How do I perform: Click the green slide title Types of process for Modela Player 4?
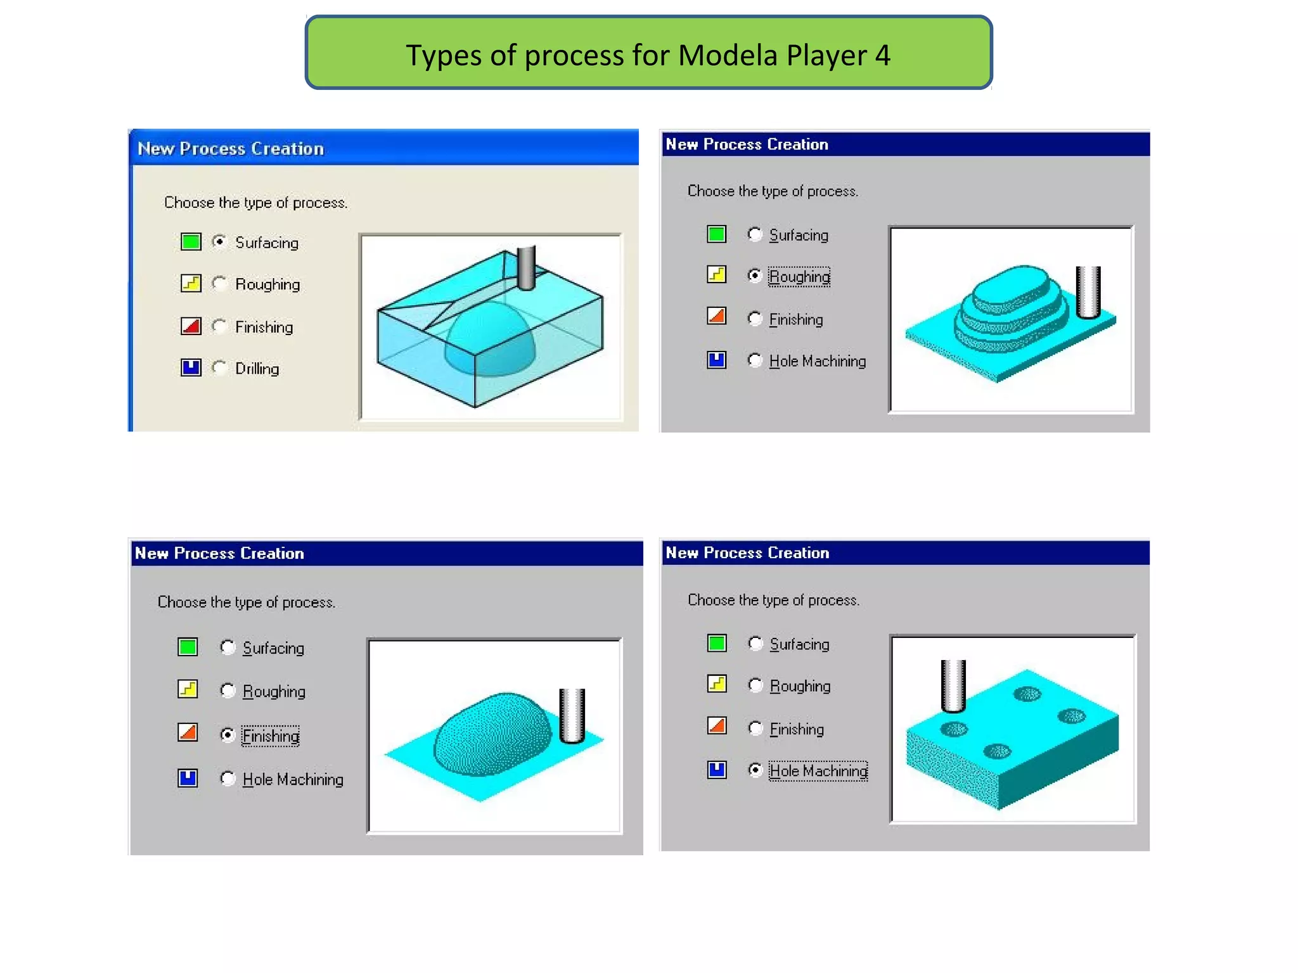[648, 54]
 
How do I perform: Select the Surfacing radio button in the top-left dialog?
[219, 241]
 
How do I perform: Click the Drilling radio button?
[219, 367]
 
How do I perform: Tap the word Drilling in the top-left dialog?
[257, 369]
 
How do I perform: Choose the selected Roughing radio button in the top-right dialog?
[754, 276]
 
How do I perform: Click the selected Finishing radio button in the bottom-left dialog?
[228, 735]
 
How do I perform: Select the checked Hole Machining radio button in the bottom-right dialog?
[755, 770]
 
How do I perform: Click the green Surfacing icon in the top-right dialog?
[716, 234]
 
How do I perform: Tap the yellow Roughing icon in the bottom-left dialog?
[188, 689]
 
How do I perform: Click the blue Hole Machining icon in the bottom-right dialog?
[717, 770]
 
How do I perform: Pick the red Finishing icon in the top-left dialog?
[191, 326]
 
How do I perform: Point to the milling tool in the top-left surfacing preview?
[526, 268]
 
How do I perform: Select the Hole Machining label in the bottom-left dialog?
[293, 779]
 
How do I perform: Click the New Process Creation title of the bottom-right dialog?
[747, 552]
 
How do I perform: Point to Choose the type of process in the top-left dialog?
[255, 203]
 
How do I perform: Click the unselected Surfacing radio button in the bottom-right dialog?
[755, 644]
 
